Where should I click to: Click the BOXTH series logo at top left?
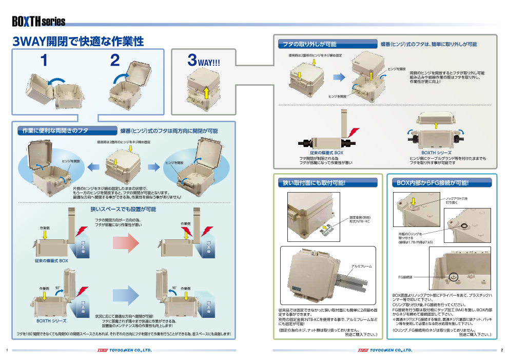click(38, 22)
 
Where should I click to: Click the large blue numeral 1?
click(44, 61)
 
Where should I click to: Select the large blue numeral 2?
click(115, 61)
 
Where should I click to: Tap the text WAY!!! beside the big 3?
click(209, 63)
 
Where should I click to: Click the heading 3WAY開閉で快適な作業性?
click(78, 42)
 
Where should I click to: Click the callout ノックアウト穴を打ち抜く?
click(456, 200)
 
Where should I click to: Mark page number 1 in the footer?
click(6, 350)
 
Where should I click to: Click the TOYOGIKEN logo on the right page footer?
click(385, 350)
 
